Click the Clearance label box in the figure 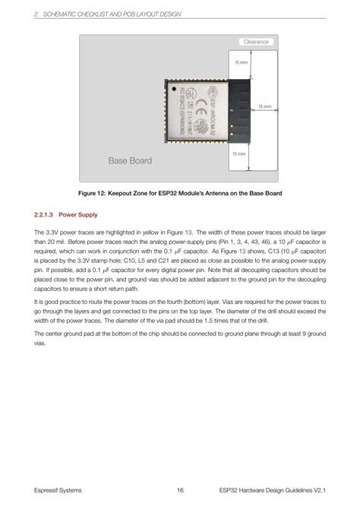pos(256,42)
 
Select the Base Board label pos(130,160)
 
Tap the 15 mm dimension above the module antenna pos(240,62)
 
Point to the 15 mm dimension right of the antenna pos(265,107)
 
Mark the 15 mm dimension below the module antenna pos(240,153)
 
